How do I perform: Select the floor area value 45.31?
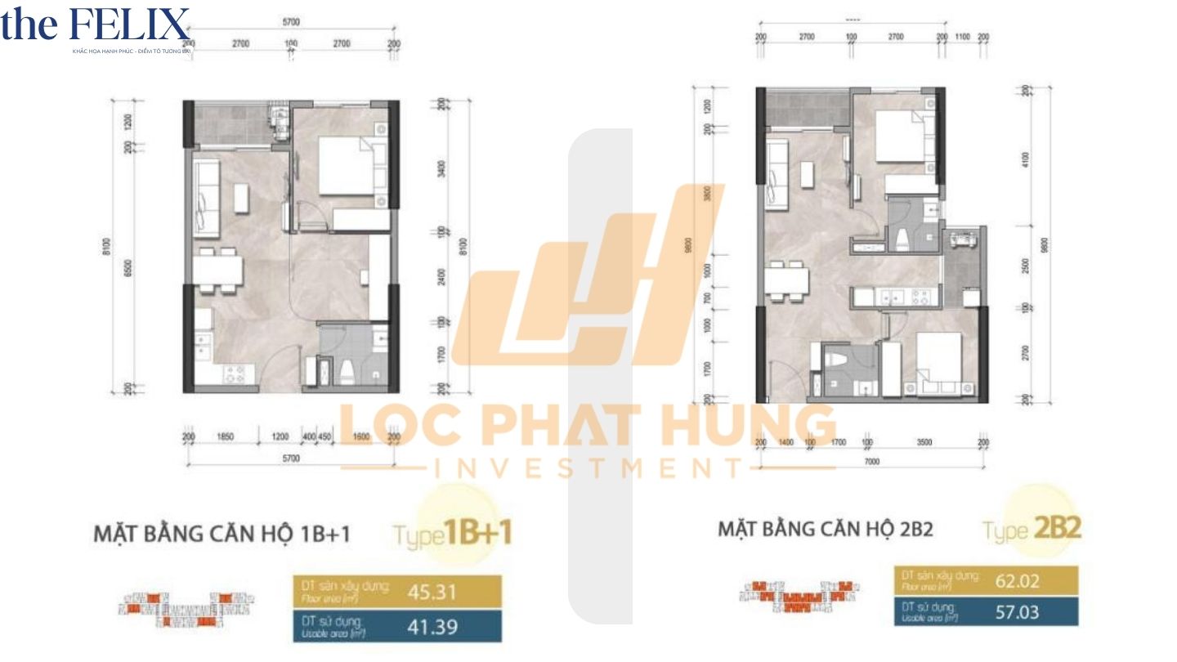click(430, 591)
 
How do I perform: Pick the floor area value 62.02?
click(1018, 582)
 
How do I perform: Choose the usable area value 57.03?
click(1018, 612)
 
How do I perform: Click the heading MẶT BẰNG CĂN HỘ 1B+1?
click(222, 535)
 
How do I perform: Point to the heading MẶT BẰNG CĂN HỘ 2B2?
click(826, 529)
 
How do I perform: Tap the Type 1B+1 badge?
click(453, 535)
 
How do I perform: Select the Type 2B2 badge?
click(1033, 529)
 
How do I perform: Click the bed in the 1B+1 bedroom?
click(351, 167)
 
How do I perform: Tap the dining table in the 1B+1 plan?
click(217, 269)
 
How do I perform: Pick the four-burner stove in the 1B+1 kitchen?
click(235, 373)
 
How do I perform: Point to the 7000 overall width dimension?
click(871, 462)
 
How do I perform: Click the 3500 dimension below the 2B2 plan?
click(924, 442)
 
